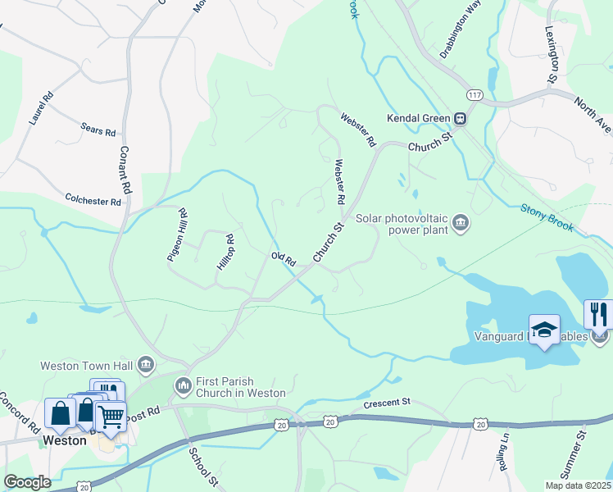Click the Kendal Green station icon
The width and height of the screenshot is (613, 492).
click(x=461, y=118)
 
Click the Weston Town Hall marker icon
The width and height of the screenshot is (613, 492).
click(x=146, y=364)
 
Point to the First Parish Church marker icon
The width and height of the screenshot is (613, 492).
click(x=183, y=384)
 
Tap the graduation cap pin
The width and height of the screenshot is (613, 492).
click(x=544, y=330)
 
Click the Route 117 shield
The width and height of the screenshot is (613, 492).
click(x=473, y=96)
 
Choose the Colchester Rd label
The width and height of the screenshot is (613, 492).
click(x=93, y=198)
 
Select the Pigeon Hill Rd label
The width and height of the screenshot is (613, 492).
click(x=177, y=235)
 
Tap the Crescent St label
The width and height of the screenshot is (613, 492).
click(x=386, y=403)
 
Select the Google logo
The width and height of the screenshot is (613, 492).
click(x=27, y=481)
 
